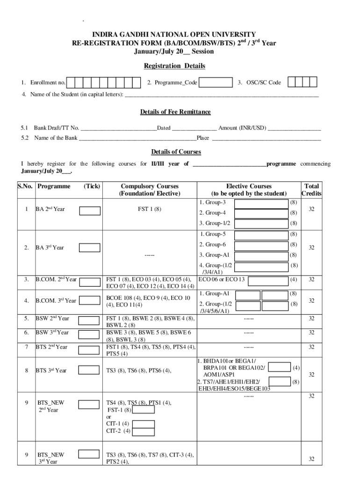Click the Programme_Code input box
pyautogui.click(x=216, y=83)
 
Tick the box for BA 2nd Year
pyautogui.click(x=89, y=211)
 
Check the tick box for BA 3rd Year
pyautogui.click(x=89, y=247)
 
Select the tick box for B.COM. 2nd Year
pyautogui.click(x=89, y=282)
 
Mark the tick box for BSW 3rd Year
pyautogui.click(x=88, y=334)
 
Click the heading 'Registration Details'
pyautogui.click(x=174, y=66)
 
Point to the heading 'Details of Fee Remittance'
pyautogui.click(x=175, y=112)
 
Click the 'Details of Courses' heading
pyautogui.click(x=176, y=152)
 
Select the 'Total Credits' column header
pyautogui.click(x=311, y=190)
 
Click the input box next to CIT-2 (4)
pyautogui.click(x=144, y=431)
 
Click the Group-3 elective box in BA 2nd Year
pyautogui.click(x=261, y=203)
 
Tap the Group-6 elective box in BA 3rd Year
pyautogui.click(x=261, y=245)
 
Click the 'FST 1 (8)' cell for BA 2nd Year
pyautogui.click(x=150, y=209)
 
